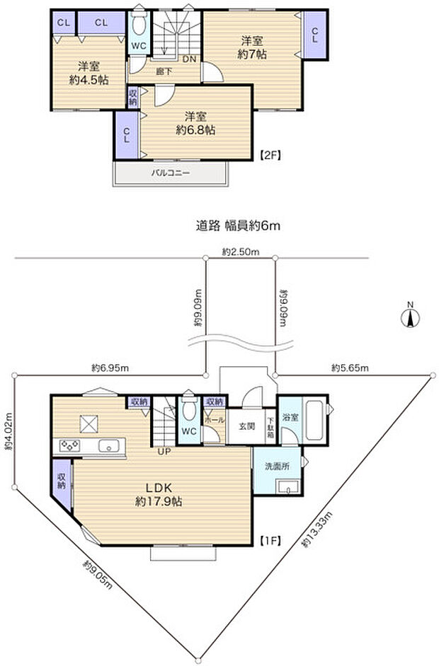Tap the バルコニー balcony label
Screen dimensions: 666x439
[171, 172]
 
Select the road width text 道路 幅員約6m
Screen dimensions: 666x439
[239, 226]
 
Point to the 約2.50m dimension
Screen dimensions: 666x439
[240, 252]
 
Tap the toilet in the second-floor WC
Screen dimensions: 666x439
[139, 26]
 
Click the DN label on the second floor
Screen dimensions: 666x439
[190, 59]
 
